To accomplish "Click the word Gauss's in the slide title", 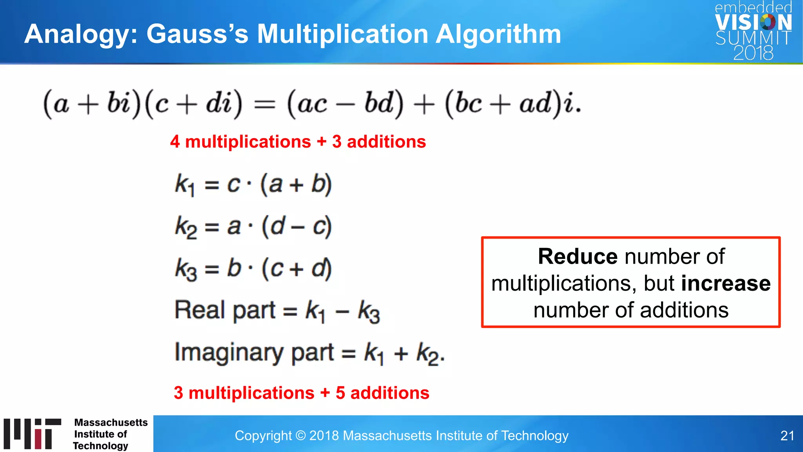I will [x=197, y=34].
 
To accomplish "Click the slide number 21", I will [x=787, y=436].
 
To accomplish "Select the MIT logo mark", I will [x=33, y=434].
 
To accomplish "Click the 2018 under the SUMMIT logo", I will [x=753, y=53].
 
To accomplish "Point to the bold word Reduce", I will [x=578, y=257].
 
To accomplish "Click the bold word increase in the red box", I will [x=726, y=283].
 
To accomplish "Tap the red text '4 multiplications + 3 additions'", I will [x=298, y=142].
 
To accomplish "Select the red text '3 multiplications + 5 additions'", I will [x=302, y=393].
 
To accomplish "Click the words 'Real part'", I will [x=225, y=310].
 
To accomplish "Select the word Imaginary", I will [x=228, y=353].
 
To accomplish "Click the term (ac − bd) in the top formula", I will [x=345, y=104].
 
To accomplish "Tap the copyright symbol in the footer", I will [x=300, y=436].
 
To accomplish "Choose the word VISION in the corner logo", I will [x=753, y=22].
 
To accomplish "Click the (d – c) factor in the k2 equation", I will [x=297, y=227].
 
